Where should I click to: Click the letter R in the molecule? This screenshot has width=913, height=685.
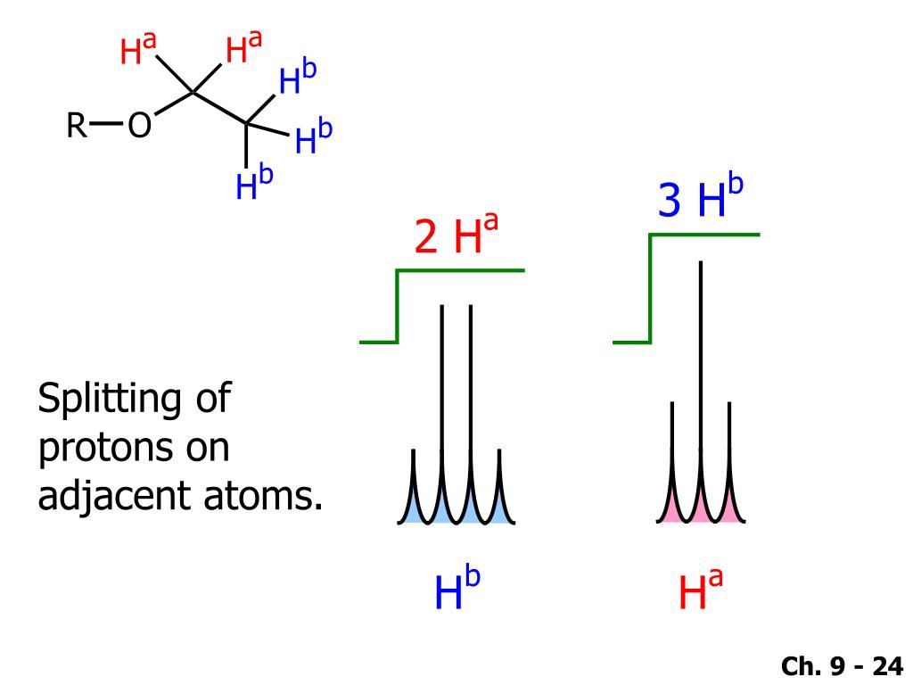[77, 125]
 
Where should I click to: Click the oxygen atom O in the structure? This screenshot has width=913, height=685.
[140, 125]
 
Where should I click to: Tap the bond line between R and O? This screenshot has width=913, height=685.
[107, 123]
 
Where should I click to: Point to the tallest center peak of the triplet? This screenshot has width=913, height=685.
[701, 391]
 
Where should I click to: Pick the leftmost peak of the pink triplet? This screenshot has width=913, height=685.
[672, 461]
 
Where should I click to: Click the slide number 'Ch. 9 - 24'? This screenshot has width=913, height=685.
[842, 665]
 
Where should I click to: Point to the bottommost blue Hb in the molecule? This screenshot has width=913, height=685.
[254, 183]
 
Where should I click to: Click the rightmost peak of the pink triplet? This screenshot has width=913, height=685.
[729, 461]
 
